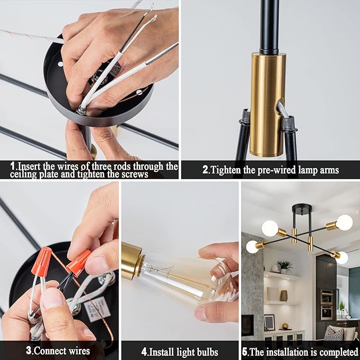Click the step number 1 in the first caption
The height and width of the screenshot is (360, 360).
[12, 166]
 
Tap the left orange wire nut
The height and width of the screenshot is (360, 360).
[41, 261]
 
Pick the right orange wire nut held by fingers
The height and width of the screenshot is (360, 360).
[78, 262]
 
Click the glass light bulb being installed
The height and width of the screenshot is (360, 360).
[186, 280]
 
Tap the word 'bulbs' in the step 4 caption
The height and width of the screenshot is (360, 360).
[204, 352]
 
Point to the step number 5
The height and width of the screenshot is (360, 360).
[245, 352]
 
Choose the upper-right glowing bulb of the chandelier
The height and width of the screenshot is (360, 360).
[344, 222]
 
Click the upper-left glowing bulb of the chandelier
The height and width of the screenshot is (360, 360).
[270, 228]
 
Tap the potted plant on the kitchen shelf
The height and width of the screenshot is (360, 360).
[285, 265]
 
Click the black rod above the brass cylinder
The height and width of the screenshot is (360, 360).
[269, 27]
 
